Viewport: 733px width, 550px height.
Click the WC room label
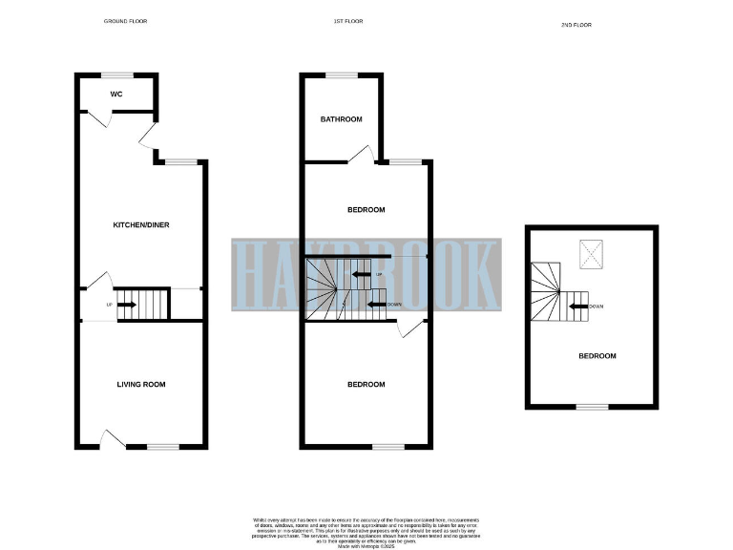[116, 95]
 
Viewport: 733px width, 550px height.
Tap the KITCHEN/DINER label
[141, 224]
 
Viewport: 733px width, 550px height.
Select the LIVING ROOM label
[141, 385]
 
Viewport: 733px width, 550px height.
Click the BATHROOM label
[341, 119]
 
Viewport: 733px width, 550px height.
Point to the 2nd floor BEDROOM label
[597, 356]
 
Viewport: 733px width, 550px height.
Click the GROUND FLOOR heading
[125, 21]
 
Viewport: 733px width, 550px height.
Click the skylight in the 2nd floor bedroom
[593, 253]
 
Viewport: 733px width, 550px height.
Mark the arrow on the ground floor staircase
[127, 306]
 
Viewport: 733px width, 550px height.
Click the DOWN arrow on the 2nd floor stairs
[577, 307]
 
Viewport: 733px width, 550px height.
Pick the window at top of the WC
[117, 74]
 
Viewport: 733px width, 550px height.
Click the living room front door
[112, 439]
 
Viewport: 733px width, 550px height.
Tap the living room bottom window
[162, 447]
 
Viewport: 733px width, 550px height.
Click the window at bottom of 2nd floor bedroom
[592, 408]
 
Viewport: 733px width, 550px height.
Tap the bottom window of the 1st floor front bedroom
[387, 447]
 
